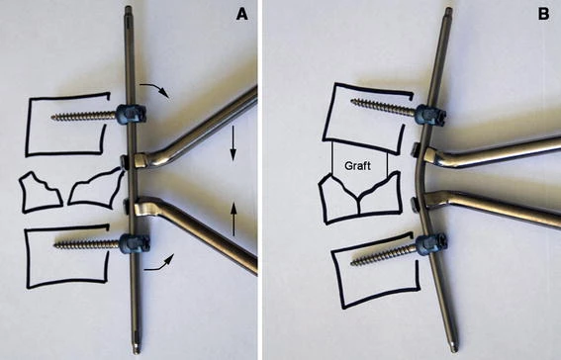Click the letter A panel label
pyautogui.click(x=242, y=15)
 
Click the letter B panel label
pyautogui.click(x=543, y=15)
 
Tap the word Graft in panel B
pyautogui.click(x=357, y=166)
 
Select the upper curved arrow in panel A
pyautogui.click(x=153, y=89)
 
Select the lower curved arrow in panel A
pyautogui.click(x=159, y=264)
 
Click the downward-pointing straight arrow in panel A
pyautogui.click(x=233, y=143)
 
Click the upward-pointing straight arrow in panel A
pyautogui.click(x=234, y=219)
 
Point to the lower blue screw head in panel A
pyautogui.click(x=134, y=243)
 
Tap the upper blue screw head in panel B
pyautogui.click(x=430, y=115)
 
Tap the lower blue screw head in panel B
pyautogui.click(x=429, y=244)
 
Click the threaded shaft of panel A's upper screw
pyautogui.click(x=84, y=116)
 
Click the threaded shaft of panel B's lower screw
pyautogui.click(x=384, y=255)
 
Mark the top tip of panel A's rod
pyautogui.click(x=128, y=7)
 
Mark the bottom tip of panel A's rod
pyautogui.click(x=136, y=353)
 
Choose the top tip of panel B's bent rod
pyautogui.click(x=448, y=9)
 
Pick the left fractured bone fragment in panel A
pyautogui.click(x=40, y=192)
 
